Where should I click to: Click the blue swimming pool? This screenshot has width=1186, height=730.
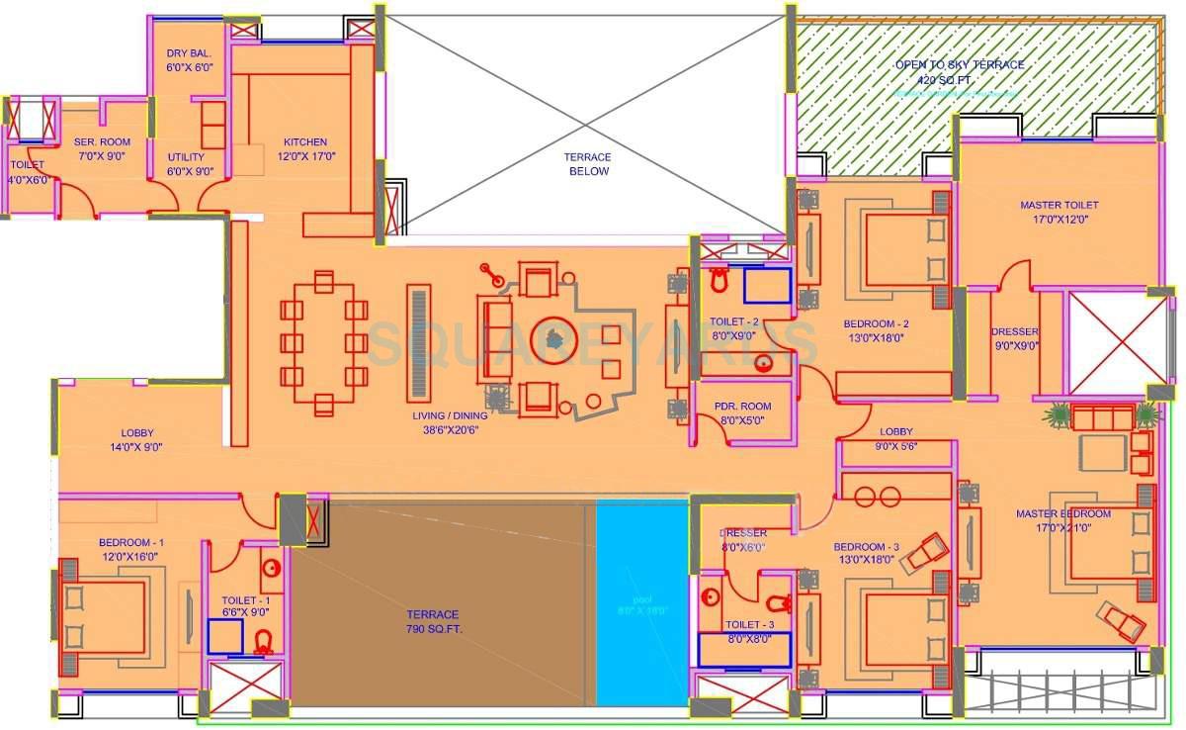[641, 603]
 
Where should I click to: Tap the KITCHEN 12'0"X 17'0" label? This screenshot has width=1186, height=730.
[304, 148]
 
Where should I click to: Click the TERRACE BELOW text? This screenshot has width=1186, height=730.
[587, 164]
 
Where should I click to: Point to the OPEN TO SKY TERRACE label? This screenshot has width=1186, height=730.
[959, 71]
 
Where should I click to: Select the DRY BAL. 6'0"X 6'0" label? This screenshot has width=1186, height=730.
[190, 60]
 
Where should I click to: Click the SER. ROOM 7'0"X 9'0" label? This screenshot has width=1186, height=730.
[103, 148]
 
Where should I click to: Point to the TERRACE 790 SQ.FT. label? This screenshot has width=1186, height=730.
[432, 621]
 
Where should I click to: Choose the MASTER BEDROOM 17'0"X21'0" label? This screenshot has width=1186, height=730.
[1062, 520]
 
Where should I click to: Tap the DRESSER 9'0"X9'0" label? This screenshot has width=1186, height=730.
[1015, 339]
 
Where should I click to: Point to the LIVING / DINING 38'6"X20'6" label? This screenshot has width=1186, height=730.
[451, 423]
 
